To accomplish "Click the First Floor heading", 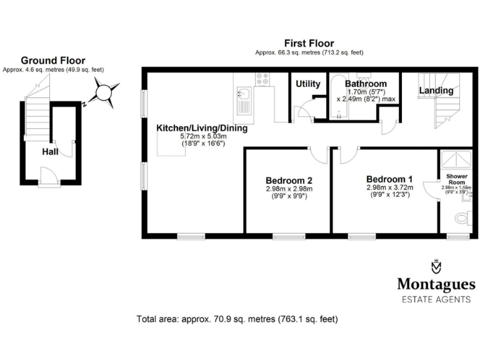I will click(309, 43).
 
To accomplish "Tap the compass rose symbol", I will click(101, 95).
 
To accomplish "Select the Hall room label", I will click(51, 152).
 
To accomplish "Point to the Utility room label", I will click(308, 84).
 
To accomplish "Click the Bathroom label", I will click(366, 84).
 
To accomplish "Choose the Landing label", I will click(436, 91).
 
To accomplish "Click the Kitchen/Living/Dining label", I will click(202, 128).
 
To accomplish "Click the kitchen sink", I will click(243, 96).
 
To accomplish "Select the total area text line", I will click(237, 319).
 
